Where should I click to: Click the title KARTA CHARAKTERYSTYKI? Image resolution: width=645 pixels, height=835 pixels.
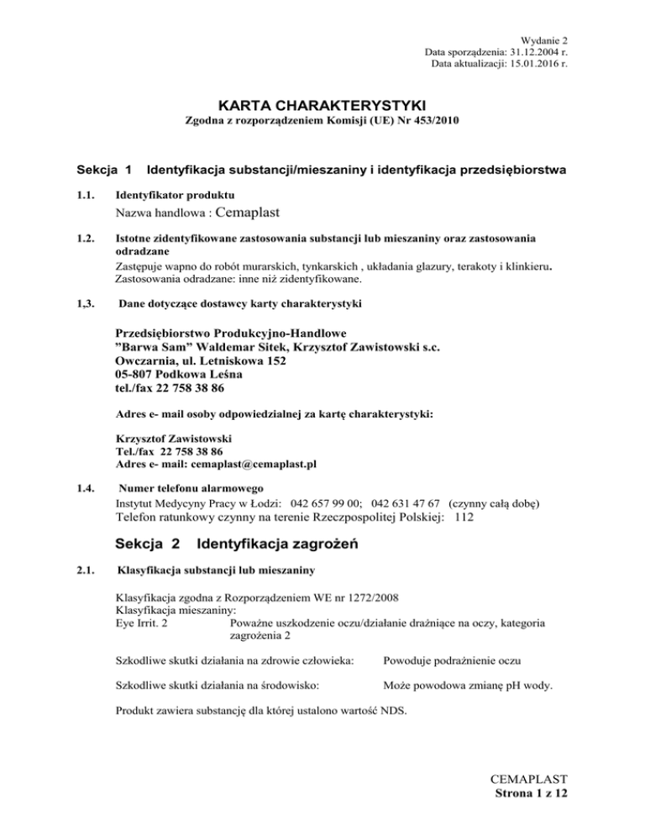322,105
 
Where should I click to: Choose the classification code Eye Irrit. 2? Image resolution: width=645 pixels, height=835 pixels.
139,623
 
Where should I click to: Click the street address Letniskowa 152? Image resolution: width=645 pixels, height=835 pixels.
239,360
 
